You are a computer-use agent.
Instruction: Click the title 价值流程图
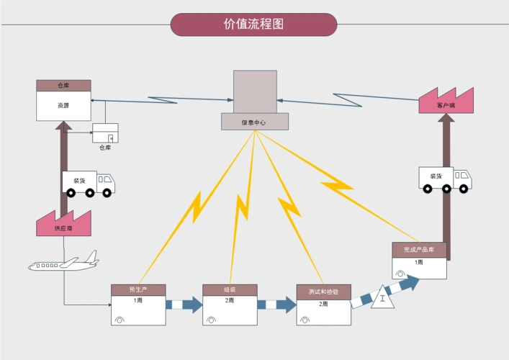pyautogui.click(x=253, y=24)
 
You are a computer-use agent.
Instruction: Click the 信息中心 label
pyautogui.click(x=253, y=122)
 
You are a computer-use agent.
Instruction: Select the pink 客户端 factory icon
pyautogui.click(x=446, y=101)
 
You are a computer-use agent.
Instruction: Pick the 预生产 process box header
pyautogui.click(x=138, y=289)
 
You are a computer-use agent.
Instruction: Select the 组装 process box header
pyautogui.click(x=230, y=289)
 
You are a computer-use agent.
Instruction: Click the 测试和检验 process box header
pyautogui.click(x=324, y=292)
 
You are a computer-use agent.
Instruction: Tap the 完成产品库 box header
pyautogui.click(x=419, y=249)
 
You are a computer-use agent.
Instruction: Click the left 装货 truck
pyautogui.click(x=89, y=183)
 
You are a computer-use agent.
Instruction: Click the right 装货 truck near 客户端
pyautogui.click(x=445, y=179)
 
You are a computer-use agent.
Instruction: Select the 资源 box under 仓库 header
pyautogui.click(x=63, y=106)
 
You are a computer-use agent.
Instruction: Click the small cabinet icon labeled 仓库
pyautogui.click(x=105, y=133)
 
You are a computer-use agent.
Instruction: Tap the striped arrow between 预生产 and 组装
pyautogui.click(x=184, y=305)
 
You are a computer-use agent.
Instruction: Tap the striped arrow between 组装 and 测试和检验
pyautogui.click(x=276, y=305)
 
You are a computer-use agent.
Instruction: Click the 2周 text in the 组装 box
pyautogui.click(x=230, y=300)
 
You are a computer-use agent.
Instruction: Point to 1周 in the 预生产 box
pyautogui.click(x=138, y=300)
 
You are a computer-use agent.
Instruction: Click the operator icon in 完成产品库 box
pyautogui.click(x=400, y=274)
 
